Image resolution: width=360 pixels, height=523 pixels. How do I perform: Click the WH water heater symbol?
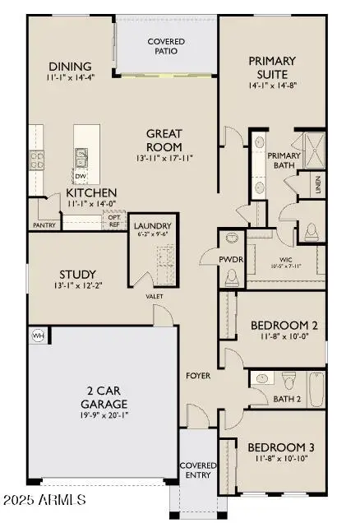37,336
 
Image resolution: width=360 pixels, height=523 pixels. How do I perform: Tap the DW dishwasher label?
81,176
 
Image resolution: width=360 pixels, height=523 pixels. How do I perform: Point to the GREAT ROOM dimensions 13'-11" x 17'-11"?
164,158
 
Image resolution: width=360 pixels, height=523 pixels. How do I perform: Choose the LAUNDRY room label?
152,226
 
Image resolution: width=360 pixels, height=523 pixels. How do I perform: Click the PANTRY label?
44,224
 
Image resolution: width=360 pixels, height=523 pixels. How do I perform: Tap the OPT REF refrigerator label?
114,220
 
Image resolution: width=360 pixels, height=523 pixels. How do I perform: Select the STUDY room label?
77,274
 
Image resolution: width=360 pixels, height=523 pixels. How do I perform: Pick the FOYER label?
198,376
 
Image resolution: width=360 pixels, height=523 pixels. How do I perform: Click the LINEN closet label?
317,187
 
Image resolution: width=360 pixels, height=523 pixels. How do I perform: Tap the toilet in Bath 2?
288,381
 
